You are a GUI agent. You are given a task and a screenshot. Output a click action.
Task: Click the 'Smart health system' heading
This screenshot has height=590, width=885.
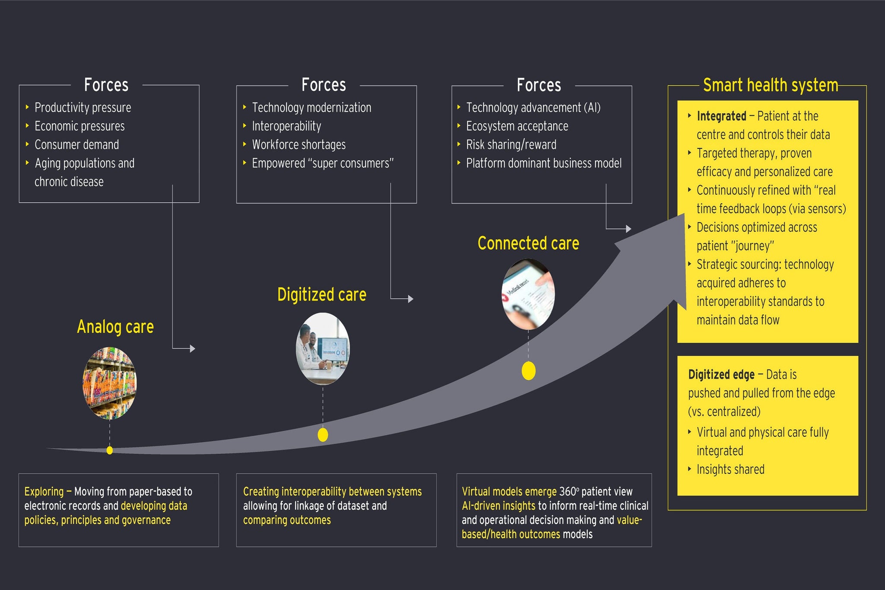tap(770, 85)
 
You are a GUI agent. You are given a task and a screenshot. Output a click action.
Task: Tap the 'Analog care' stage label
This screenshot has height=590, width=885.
tap(115, 327)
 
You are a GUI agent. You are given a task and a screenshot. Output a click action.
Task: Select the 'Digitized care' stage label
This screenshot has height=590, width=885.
tap(322, 295)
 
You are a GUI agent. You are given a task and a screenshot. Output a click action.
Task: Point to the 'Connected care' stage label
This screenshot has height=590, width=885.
tap(528, 243)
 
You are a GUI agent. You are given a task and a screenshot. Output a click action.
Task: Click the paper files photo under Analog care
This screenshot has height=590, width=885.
tap(110, 383)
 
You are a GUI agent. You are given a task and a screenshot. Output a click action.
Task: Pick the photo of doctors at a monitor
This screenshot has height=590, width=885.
tap(323, 349)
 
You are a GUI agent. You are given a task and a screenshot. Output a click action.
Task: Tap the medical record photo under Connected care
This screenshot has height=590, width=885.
tap(528, 294)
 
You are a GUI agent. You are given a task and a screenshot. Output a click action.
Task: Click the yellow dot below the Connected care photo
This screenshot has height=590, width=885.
tap(528, 371)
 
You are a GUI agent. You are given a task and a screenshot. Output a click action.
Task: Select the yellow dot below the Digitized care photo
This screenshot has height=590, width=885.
tap(323, 435)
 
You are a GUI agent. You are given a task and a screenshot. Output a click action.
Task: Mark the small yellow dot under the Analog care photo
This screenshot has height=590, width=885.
tap(110, 450)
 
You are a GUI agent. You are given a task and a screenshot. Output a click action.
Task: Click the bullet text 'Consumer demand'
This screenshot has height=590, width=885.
tap(76, 145)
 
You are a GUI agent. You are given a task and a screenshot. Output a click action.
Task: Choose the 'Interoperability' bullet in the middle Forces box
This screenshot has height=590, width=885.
tap(287, 126)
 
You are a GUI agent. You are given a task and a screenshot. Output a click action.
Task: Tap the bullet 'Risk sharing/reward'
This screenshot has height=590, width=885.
tap(511, 145)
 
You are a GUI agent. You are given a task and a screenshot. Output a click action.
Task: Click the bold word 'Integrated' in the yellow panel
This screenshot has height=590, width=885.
tap(721, 116)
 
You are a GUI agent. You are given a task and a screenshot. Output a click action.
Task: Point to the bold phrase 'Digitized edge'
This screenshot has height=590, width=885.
tap(721, 374)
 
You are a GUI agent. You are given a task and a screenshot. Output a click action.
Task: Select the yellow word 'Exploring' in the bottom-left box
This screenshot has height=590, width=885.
tap(44, 491)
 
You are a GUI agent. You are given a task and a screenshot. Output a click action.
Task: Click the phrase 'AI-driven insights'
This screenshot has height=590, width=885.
tap(498, 506)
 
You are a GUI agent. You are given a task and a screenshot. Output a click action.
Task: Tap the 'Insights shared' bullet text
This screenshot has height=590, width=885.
tap(730, 469)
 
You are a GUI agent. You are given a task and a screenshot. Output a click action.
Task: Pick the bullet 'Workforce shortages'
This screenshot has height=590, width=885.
tap(299, 145)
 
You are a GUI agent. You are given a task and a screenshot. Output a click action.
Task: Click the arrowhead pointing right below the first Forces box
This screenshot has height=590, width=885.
tap(193, 348)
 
